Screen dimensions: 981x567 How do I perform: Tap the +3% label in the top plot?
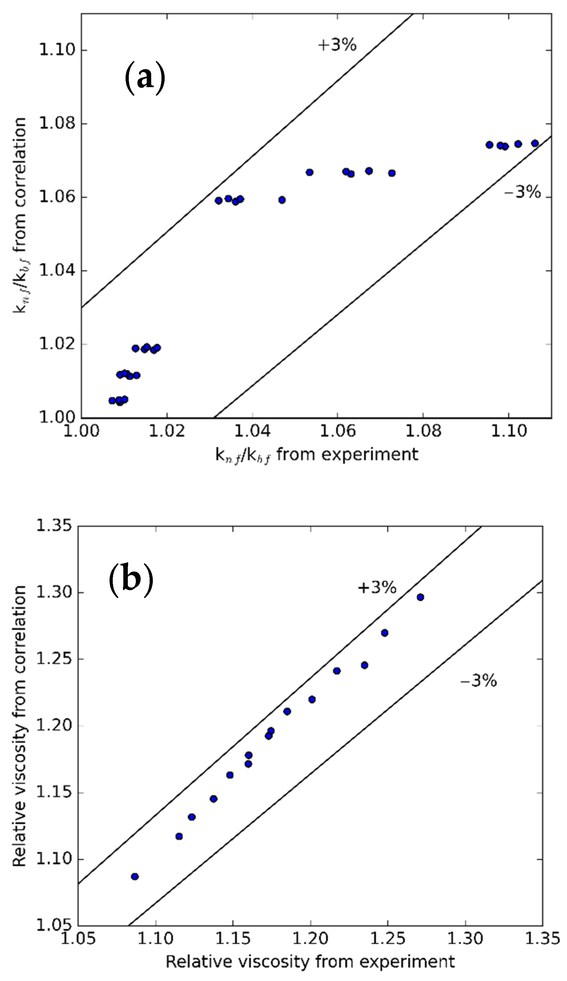[x=337, y=45]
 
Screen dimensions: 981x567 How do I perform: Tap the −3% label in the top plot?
[x=522, y=192]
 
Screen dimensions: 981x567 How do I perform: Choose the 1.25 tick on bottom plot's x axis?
[x=387, y=938]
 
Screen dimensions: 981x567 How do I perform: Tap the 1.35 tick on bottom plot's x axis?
[x=542, y=938]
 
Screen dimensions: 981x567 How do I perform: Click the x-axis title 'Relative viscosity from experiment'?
[x=310, y=960]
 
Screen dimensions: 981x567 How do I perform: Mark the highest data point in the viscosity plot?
[x=420, y=597]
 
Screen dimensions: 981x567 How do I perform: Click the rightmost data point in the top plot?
[x=535, y=143]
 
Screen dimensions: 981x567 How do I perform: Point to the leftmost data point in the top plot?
[x=112, y=400]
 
